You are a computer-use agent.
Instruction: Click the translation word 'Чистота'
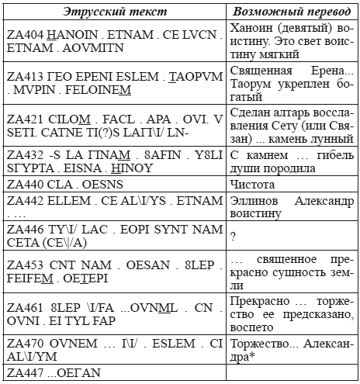click(x=254, y=186)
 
